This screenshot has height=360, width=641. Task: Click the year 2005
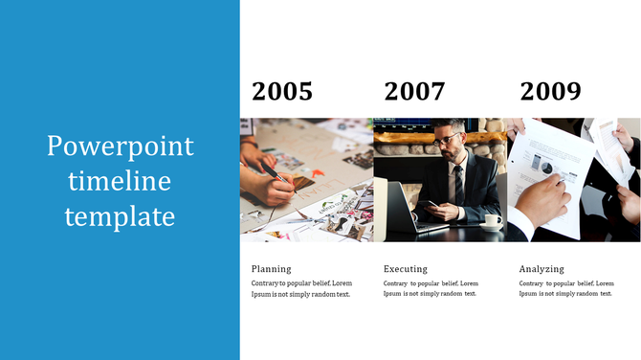click(282, 92)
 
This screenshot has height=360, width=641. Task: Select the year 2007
click(414, 92)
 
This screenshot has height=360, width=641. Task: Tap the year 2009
click(550, 92)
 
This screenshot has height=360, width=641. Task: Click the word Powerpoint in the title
click(121, 146)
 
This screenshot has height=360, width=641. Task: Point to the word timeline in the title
click(121, 181)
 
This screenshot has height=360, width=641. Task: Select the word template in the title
click(121, 215)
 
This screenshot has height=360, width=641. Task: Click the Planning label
click(271, 269)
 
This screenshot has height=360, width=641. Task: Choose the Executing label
click(406, 269)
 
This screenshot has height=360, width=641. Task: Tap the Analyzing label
click(542, 269)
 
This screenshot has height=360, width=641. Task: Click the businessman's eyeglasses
click(446, 140)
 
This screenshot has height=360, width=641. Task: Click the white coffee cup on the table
click(492, 220)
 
